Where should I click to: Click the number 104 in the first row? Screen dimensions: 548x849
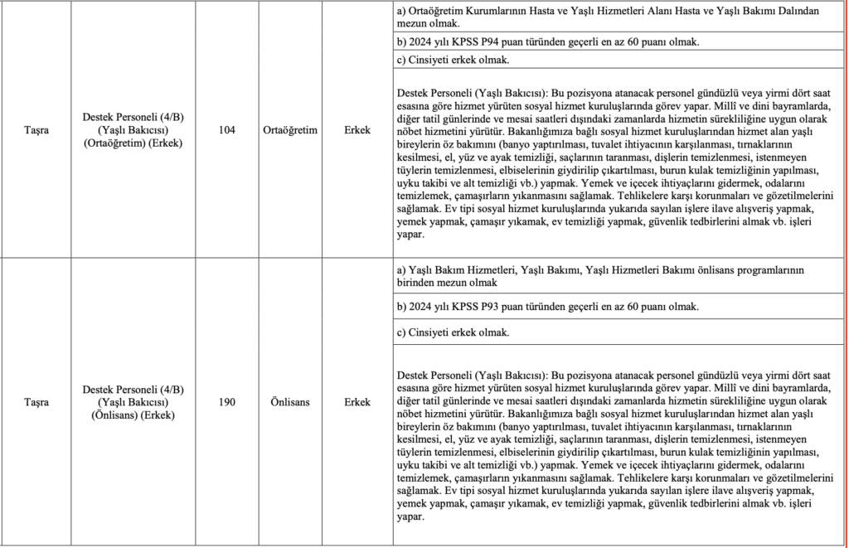pyautogui.click(x=227, y=130)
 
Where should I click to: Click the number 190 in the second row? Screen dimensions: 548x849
pyautogui.click(x=227, y=402)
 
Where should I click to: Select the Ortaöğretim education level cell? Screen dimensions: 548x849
pyautogui.click(x=290, y=130)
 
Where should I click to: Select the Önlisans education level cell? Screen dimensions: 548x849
pyautogui.click(x=290, y=402)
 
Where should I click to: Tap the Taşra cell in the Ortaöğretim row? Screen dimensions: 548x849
pyautogui.click(x=36, y=130)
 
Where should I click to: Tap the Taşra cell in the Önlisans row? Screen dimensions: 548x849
pyautogui.click(x=36, y=402)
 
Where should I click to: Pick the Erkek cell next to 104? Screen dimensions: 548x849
pyautogui.click(x=357, y=130)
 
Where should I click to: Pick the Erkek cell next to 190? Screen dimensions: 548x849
pyautogui.click(x=357, y=402)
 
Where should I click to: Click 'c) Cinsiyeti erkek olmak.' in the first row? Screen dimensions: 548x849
pyautogui.click(x=453, y=60)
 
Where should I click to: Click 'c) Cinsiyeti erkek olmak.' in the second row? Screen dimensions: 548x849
pyautogui.click(x=453, y=332)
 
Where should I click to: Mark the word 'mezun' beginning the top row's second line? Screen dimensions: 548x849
pyautogui.click(x=412, y=24)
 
